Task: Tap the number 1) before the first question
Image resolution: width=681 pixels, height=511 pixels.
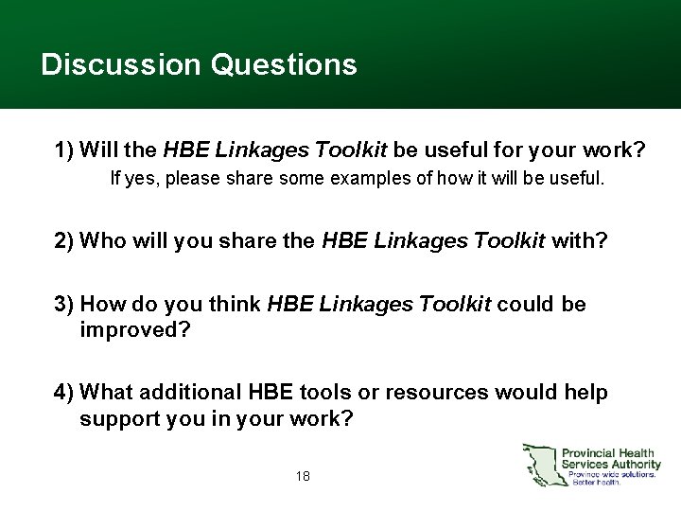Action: [65, 150]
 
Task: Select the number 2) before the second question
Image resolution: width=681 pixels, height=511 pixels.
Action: [65, 240]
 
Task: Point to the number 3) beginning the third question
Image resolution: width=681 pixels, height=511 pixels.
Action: [65, 304]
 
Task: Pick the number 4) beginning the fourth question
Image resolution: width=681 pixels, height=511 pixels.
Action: [65, 392]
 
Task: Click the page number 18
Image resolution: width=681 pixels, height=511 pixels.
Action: [303, 476]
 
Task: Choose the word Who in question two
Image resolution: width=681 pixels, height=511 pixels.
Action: [100, 240]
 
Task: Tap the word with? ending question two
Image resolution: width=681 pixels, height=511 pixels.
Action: [580, 240]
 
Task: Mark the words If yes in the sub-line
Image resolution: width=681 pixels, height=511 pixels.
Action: [129, 177]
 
